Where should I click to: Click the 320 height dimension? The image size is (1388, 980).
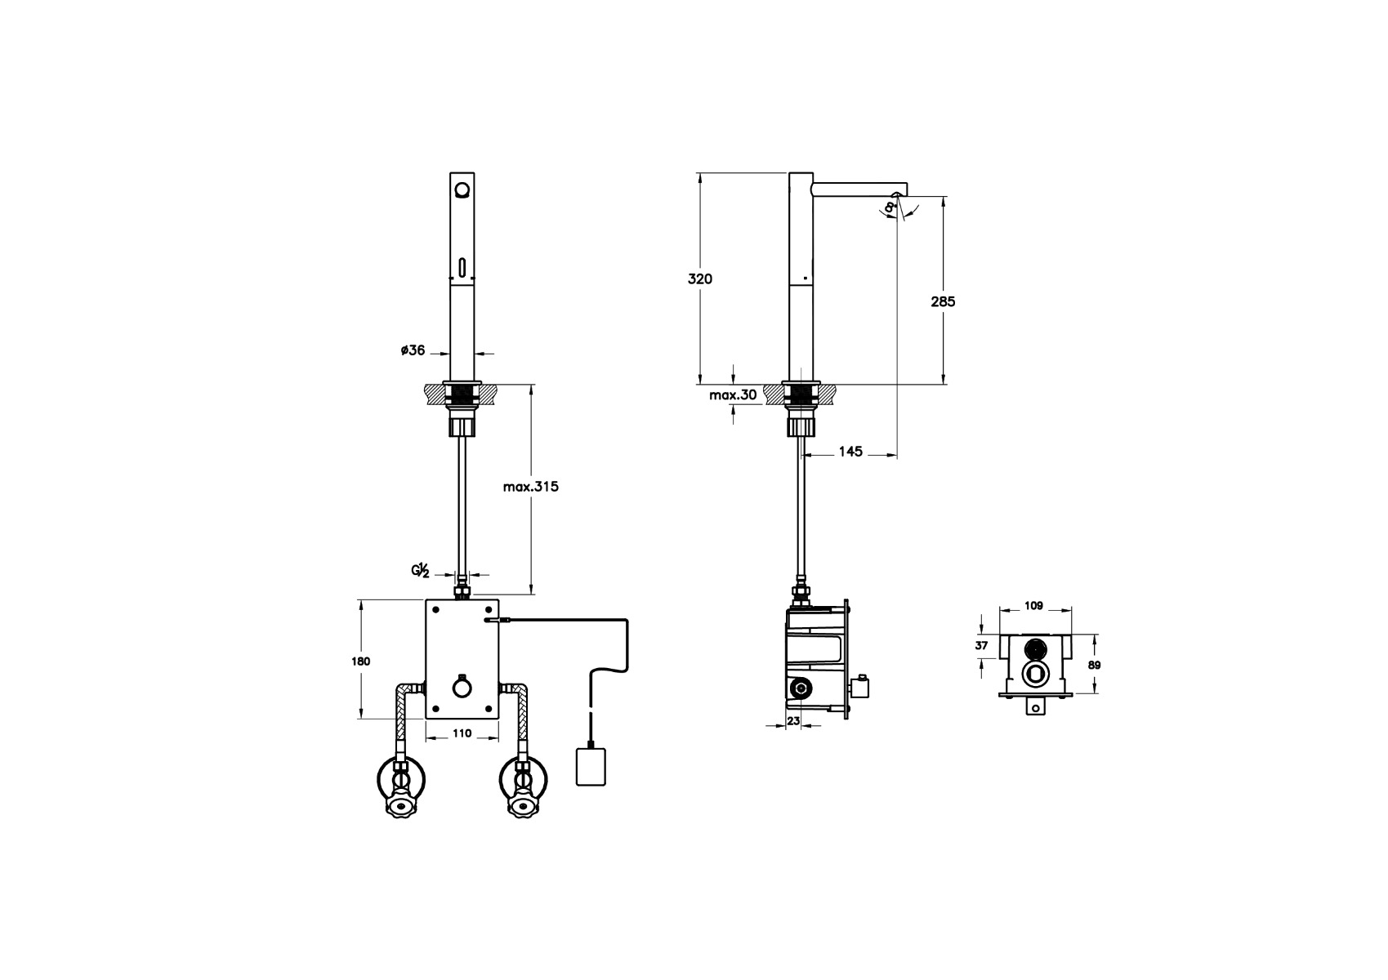[x=699, y=278]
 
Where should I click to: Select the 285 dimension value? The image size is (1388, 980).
[x=943, y=301]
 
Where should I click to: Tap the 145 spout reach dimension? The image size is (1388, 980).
[x=850, y=452]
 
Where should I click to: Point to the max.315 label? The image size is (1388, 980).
[x=530, y=487]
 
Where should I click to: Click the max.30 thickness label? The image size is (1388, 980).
[x=733, y=394]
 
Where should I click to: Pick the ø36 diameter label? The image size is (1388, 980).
[x=413, y=350]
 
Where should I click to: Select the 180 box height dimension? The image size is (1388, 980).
[x=360, y=661]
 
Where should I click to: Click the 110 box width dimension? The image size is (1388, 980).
[x=462, y=733]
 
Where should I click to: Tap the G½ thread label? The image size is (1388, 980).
[x=421, y=570]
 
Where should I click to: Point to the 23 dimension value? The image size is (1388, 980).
[x=793, y=720]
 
